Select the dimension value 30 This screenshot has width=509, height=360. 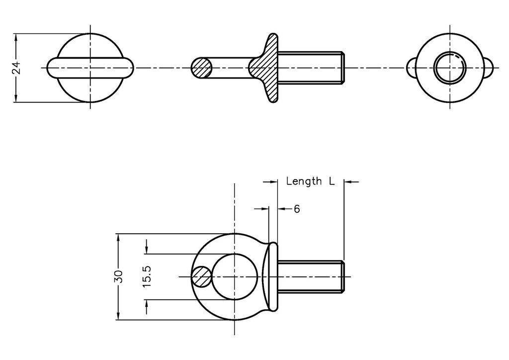pyautogui.click(x=118, y=277)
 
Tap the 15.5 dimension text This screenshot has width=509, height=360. pyautogui.click(x=147, y=277)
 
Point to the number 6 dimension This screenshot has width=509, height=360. pyautogui.click(x=297, y=209)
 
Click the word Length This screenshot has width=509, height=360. pyautogui.click(x=304, y=181)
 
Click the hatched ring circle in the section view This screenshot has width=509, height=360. pyautogui.click(x=202, y=68)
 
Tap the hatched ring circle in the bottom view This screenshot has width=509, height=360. pyautogui.click(x=202, y=276)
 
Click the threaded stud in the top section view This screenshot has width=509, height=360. pyautogui.click(x=311, y=68)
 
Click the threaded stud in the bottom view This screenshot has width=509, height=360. pyautogui.click(x=311, y=276)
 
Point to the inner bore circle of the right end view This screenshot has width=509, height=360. pyautogui.click(x=450, y=67)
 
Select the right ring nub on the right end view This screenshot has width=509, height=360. pyautogui.click(x=489, y=67)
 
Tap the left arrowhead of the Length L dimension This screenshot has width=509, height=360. pyautogui.click(x=273, y=182)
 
